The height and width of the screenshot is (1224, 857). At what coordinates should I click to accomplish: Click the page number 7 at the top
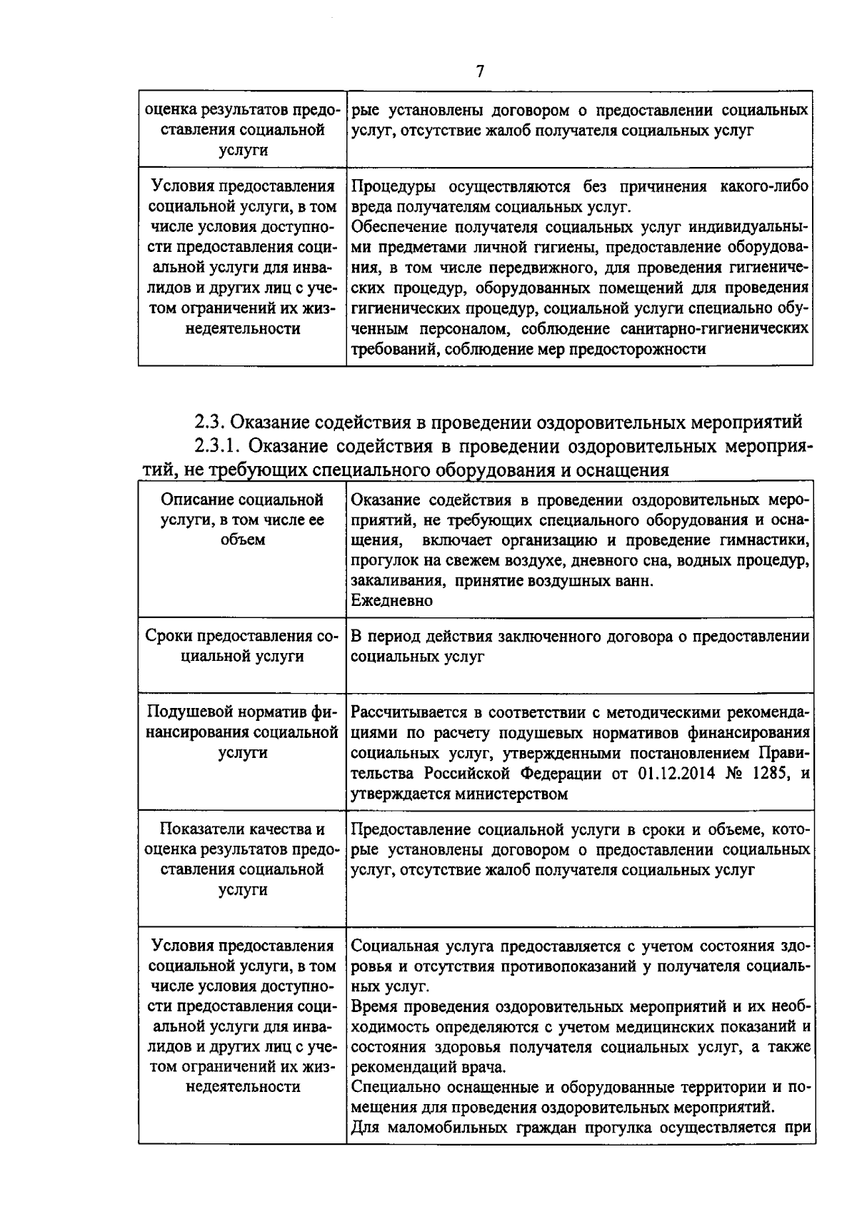coord(480,71)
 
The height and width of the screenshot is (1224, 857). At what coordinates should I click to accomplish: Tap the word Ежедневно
coord(392,601)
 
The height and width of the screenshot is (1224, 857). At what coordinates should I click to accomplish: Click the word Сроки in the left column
coord(169,636)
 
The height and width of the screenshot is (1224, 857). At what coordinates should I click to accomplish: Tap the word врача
coord(484,1068)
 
